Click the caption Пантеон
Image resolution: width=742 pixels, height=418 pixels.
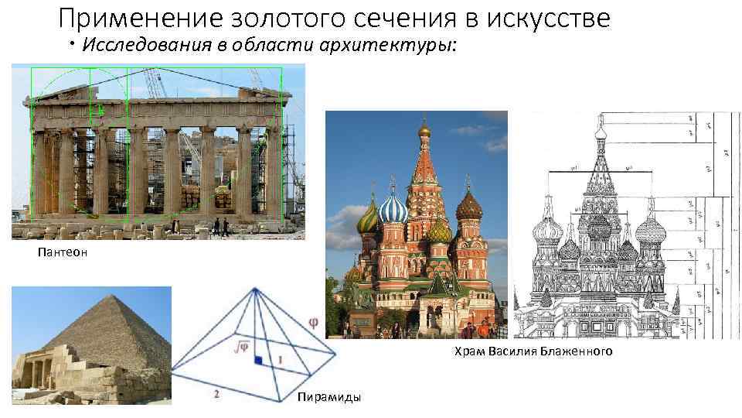tap(58, 251)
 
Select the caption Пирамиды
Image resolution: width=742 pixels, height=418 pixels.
tap(328, 397)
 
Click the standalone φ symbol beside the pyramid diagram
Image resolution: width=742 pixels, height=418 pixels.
tap(312, 319)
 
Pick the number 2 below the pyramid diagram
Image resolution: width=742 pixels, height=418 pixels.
tap(216, 394)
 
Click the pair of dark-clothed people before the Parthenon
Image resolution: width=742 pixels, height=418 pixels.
tap(220, 226)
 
